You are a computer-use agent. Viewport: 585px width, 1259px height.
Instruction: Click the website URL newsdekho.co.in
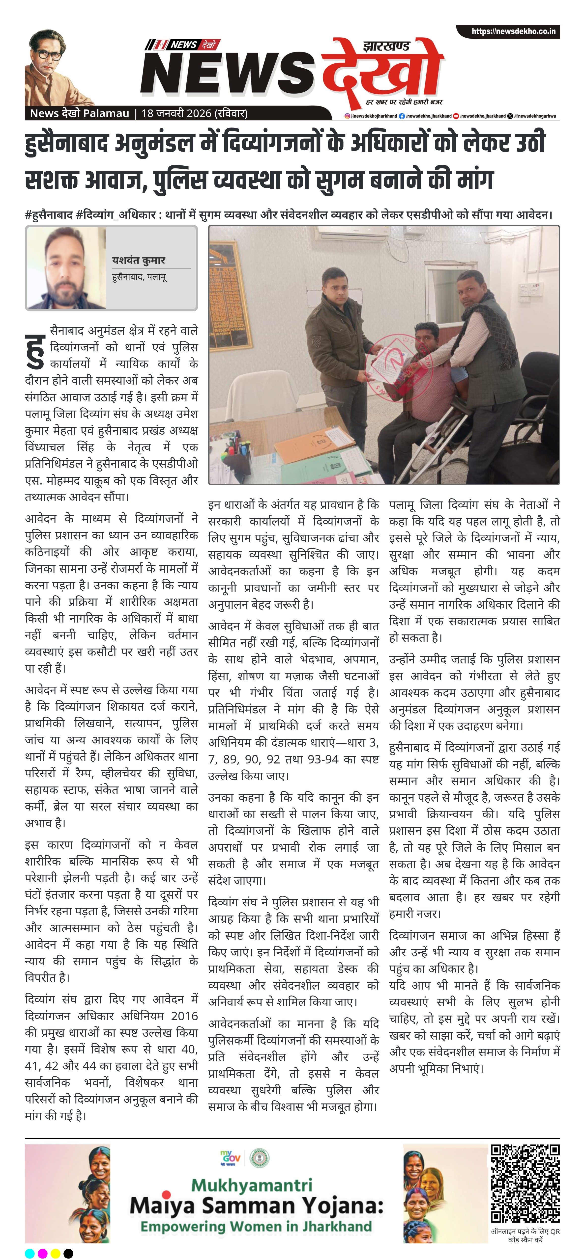[513, 31]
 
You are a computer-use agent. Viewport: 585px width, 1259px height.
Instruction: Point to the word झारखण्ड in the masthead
[386, 46]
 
